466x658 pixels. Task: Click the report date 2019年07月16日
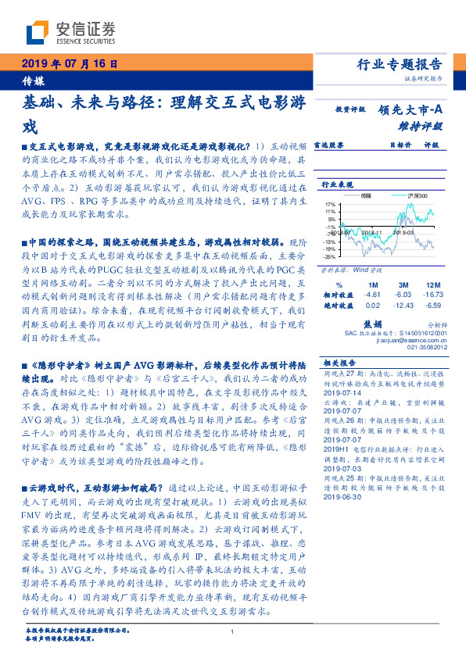tap(69, 64)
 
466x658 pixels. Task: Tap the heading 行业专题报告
tap(400, 64)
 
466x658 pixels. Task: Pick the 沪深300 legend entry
tap(415, 196)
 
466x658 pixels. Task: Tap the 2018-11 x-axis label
tap(366, 232)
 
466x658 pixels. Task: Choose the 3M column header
tap(403, 284)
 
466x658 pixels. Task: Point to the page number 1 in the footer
tap(233, 632)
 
